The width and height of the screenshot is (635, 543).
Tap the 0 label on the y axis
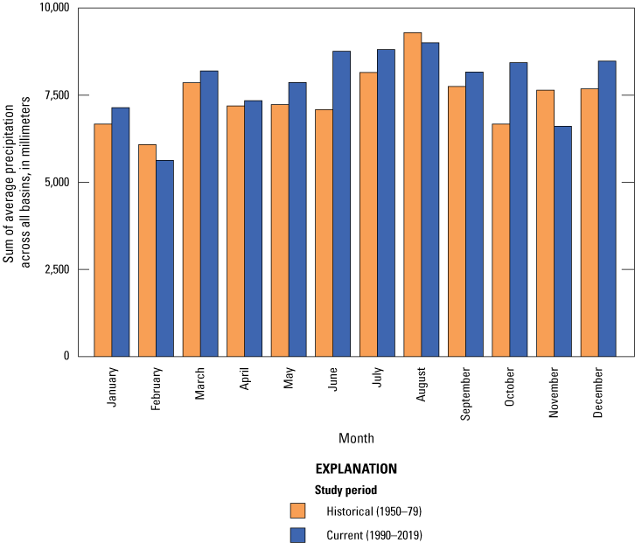click(66, 356)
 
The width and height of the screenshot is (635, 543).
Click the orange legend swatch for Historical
click(298, 511)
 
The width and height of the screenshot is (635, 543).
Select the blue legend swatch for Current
click(298, 535)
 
